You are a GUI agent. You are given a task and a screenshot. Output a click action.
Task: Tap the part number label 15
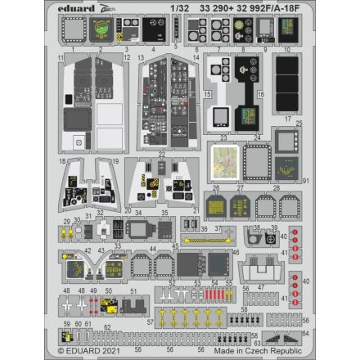point(208,94)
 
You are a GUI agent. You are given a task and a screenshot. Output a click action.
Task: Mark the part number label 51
point(133,290)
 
